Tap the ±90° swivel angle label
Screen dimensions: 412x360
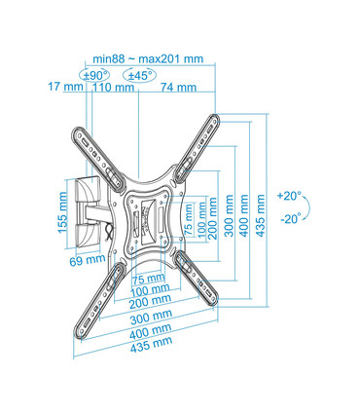95,74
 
